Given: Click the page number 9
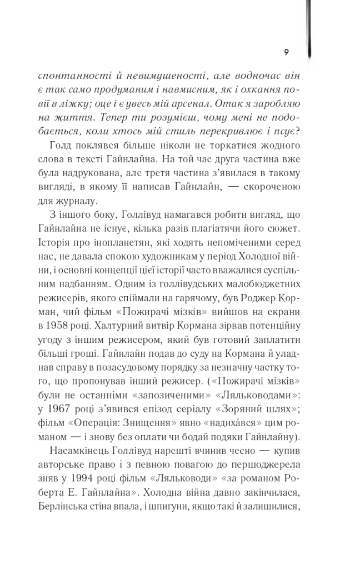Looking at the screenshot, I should pos(286,53).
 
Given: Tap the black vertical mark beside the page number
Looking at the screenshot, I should pos(309,28).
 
